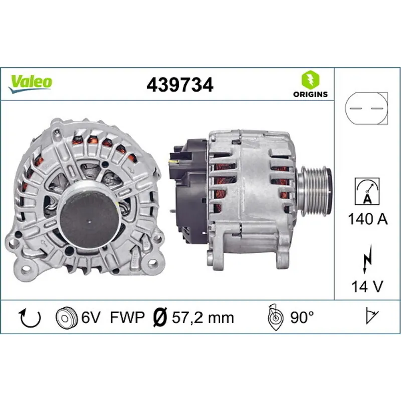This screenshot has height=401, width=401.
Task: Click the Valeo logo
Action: coord(30,82)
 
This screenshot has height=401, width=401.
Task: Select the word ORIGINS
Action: coord(310,94)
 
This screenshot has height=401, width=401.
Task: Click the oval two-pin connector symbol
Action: coord(367,108)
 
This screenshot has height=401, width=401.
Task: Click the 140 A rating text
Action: coord(367,219)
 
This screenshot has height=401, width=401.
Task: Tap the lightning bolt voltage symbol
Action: coord(367,261)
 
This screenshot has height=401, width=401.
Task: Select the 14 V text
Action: coord(367,286)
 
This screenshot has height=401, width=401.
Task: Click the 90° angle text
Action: coord(302,317)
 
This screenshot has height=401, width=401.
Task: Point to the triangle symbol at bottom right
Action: coord(371,316)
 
